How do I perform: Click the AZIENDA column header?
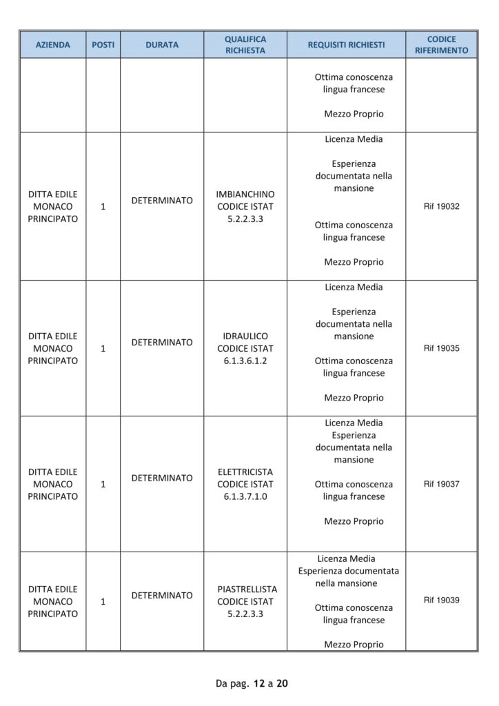[x=53, y=45]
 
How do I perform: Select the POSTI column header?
[x=103, y=45]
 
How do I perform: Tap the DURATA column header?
[x=162, y=45]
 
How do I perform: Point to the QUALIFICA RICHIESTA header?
[x=245, y=45]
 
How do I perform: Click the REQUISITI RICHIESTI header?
[x=346, y=45]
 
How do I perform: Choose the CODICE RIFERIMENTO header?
[x=441, y=45]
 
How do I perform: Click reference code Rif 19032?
[x=441, y=206]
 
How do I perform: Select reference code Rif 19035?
[x=441, y=348]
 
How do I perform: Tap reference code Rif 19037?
[x=441, y=484]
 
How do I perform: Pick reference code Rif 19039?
[x=441, y=601]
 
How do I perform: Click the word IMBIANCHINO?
[x=245, y=194]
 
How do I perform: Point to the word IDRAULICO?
[x=245, y=336]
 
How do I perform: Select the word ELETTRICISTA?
[x=245, y=472]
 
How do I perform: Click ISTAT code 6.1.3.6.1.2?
[x=245, y=361]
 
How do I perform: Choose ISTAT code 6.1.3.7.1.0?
[x=245, y=497]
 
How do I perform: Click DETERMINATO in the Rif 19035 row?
[x=162, y=342]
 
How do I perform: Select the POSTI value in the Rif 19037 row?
[x=103, y=485]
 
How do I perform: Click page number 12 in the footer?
[x=258, y=684]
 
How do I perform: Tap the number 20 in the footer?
[x=282, y=684]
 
